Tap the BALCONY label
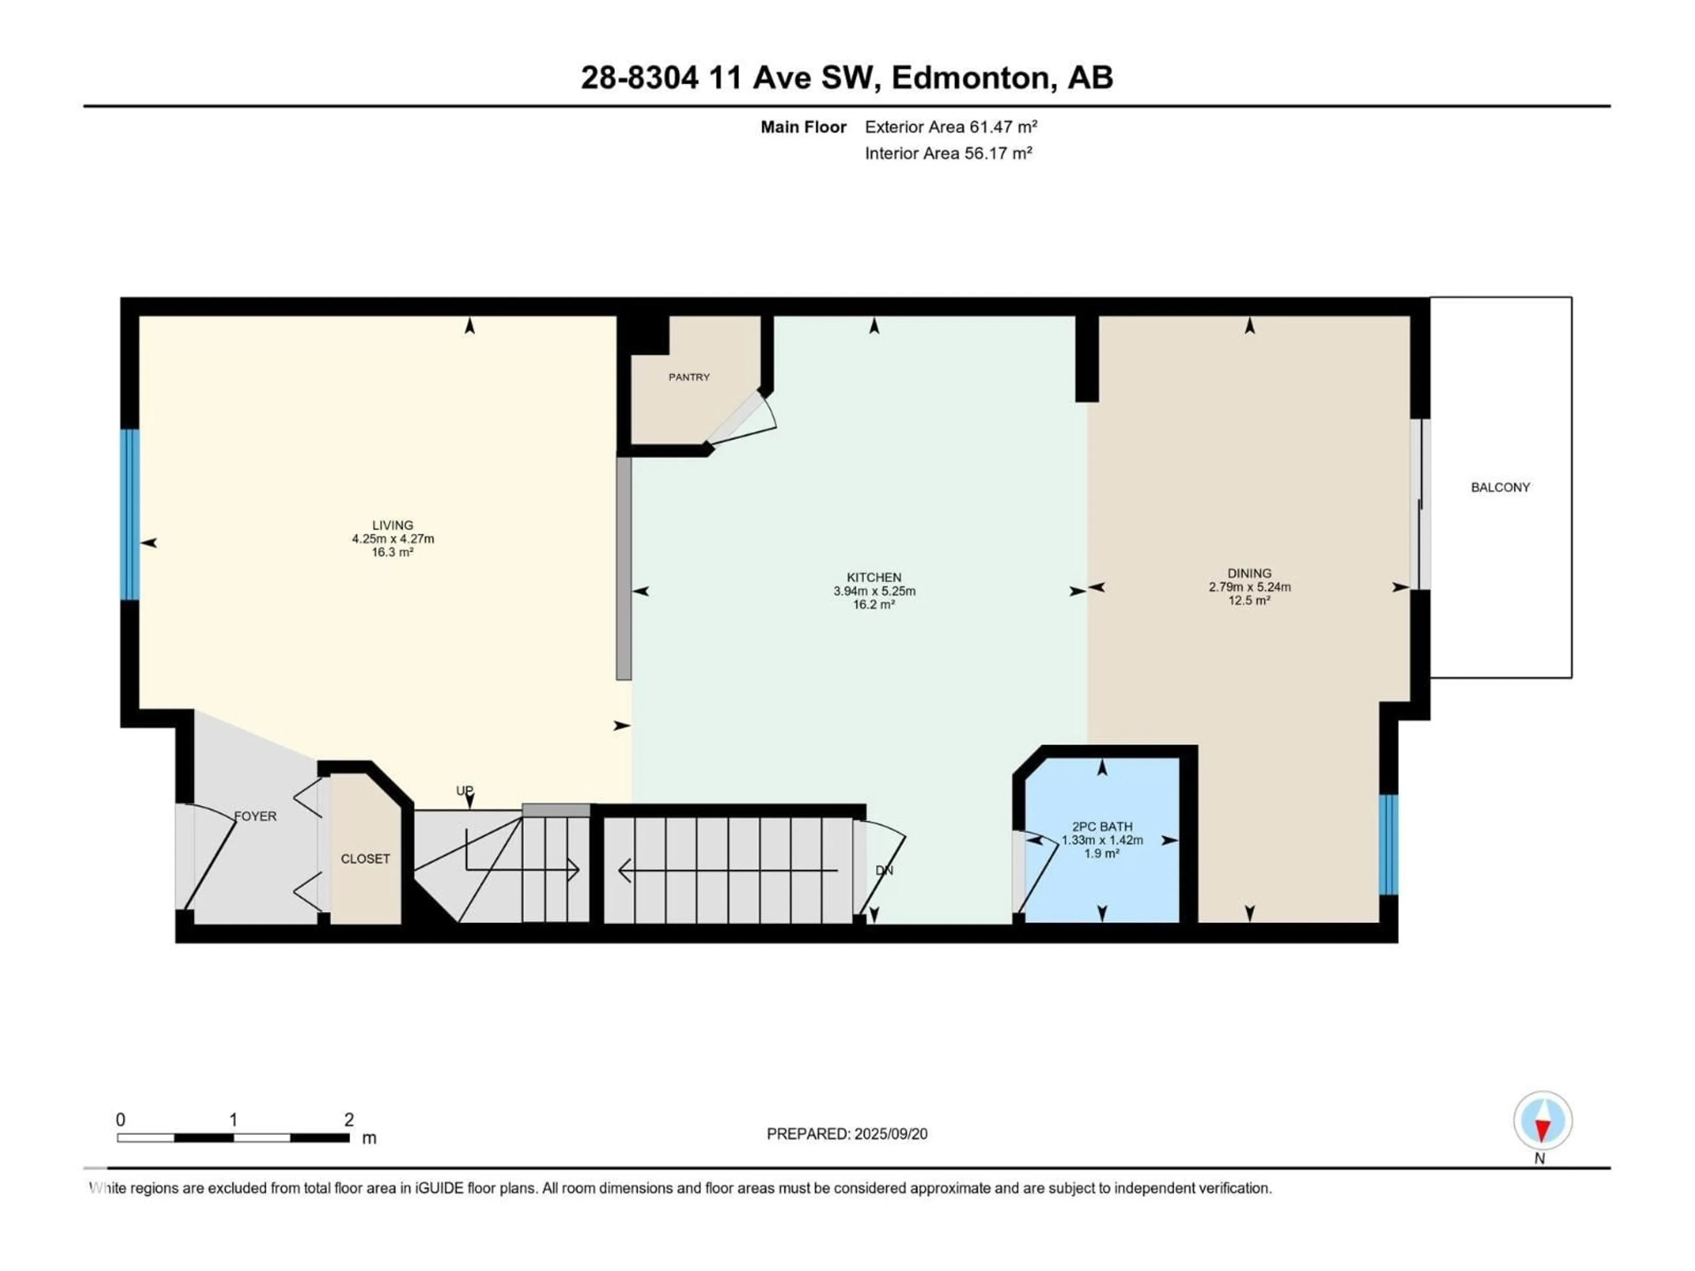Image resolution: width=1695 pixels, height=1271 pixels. [x=1499, y=487]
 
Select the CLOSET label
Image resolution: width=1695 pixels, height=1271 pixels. [x=365, y=859]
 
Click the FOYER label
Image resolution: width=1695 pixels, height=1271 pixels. [x=255, y=816]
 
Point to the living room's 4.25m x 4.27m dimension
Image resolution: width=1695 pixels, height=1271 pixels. [x=392, y=538]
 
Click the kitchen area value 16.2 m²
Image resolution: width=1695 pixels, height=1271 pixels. [x=874, y=605]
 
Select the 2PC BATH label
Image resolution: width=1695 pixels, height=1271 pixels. [x=1101, y=827]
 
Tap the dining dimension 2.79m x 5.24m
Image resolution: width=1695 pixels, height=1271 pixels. [x=1249, y=587]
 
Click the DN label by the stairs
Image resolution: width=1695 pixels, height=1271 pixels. [x=884, y=870]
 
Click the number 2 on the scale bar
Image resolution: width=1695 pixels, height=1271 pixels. [x=349, y=1119]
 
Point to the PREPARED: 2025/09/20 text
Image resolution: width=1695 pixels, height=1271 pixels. [x=847, y=1134]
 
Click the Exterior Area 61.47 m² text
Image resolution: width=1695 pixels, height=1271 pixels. [x=950, y=127]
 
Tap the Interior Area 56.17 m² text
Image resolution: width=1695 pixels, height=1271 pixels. [x=948, y=153]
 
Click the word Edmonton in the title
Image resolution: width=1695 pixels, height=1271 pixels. [x=969, y=77]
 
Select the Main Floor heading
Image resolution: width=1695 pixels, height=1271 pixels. [x=802, y=127]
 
